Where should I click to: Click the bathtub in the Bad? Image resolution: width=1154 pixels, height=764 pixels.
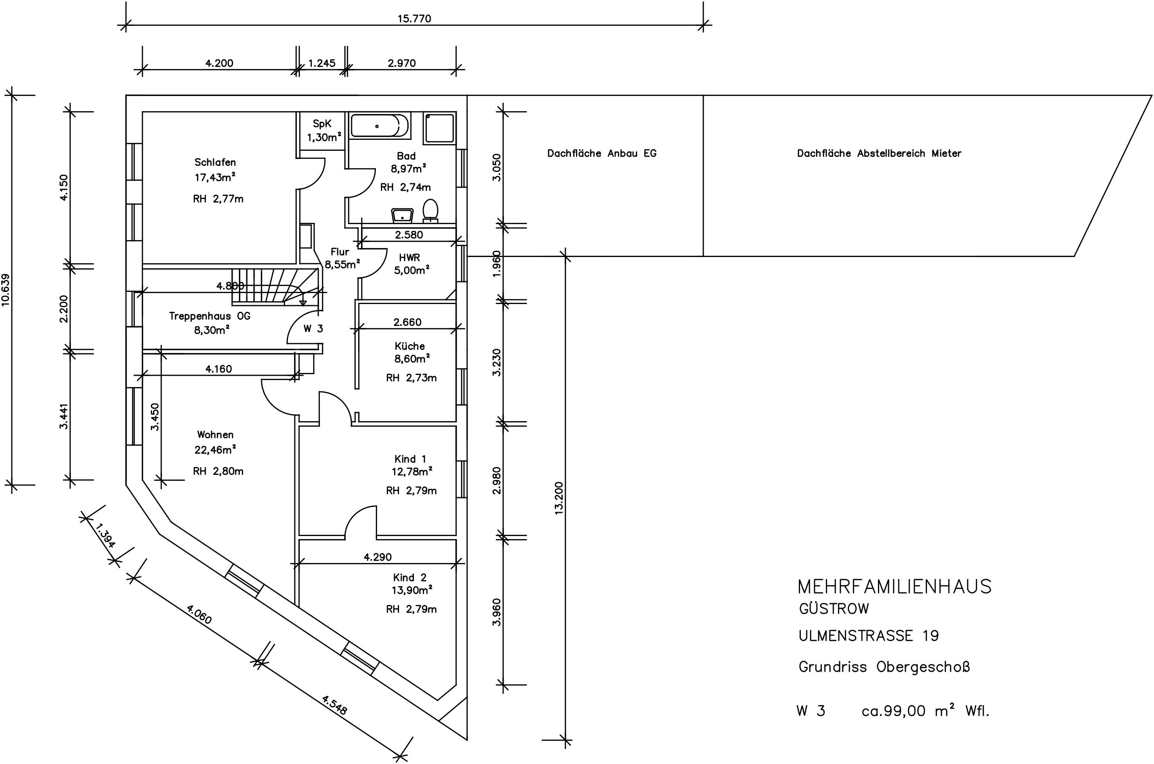click(x=380, y=125)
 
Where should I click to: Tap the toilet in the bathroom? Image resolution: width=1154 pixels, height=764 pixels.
click(x=430, y=210)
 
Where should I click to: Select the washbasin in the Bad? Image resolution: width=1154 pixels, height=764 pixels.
click(x=403, y=215)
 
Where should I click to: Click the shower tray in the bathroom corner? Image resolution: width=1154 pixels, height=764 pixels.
click(x=440, y=128)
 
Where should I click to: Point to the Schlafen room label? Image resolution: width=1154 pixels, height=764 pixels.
click(x=215, y=162)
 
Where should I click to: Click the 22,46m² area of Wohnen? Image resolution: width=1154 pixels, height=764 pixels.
click(x=215, y=450)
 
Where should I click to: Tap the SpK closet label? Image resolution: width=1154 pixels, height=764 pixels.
click(x=322, y=124)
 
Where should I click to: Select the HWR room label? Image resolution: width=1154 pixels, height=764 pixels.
click(x=409, y=257)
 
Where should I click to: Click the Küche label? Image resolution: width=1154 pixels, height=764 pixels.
click(x=410, y=346)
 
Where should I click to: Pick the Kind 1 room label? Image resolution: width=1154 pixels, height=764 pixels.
click(x=410, y=459)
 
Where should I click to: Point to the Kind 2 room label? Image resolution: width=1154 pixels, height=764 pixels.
click(x=410, y=578)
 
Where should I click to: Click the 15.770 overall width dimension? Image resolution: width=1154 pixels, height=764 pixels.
click(x=414, y=18)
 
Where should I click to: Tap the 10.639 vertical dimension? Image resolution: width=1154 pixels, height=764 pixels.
click(x=6, y=290)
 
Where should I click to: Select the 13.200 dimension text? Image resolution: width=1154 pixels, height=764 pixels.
click(x=559, y=498)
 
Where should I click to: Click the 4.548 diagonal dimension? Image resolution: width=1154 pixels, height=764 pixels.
click(x=334, y=704)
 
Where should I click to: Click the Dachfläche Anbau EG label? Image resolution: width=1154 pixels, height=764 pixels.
click(x=602, y=154)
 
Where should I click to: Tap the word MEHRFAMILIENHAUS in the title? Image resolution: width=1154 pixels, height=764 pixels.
click(x=894, y=587)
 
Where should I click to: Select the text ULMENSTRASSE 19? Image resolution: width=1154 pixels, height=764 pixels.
click(x=869, y=636)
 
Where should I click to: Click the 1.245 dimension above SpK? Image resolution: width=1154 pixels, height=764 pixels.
click(x=322, y=63)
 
